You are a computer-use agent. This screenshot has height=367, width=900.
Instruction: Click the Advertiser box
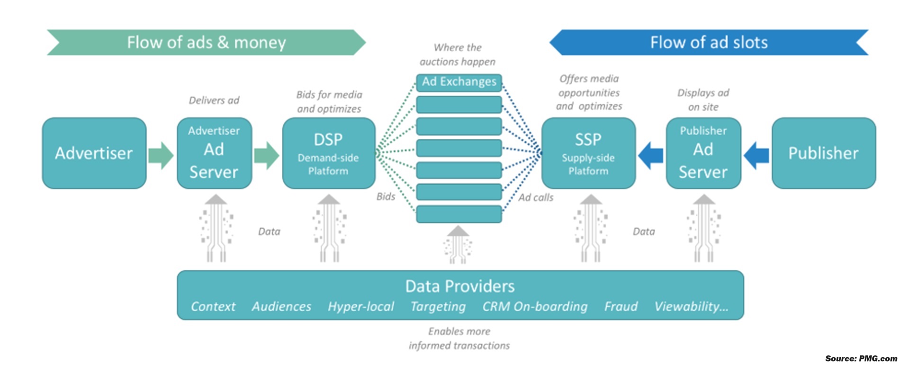tap(94, 153)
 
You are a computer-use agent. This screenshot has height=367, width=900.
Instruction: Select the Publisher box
tap(823, 153)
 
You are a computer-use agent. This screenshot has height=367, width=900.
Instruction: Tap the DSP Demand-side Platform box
tap(328, 153)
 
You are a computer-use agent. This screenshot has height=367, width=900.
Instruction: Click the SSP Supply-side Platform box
tap(588, 153)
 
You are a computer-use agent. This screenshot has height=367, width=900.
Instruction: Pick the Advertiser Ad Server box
tap(214, 153)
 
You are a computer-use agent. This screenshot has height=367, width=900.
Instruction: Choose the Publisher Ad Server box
tap(703, 153)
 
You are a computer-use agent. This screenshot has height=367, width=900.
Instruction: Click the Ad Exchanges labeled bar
tap(459, 82)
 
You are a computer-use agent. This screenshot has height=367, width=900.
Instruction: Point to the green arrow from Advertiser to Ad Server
tap(161, 155)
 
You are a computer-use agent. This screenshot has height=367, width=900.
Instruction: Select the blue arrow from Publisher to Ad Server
tap(756, 155)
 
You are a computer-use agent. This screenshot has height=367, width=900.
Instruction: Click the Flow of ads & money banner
tap(206, 43)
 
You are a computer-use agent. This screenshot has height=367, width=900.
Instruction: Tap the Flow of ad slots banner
tap(709, 43)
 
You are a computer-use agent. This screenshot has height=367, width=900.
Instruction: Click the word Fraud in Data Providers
tap(621, 307)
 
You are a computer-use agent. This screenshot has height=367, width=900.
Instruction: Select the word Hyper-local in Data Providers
tap(360, 307)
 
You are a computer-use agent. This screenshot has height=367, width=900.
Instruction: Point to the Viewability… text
tap(691, 307)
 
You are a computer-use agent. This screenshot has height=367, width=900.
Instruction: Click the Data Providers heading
tap(459, 286)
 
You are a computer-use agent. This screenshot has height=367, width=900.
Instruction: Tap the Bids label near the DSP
tap(386, 197)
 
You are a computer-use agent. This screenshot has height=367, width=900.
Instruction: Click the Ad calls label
tap(535, 197)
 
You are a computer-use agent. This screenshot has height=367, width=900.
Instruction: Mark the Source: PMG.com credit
tap(861, 358)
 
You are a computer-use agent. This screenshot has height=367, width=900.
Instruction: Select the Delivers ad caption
tap(214, 100)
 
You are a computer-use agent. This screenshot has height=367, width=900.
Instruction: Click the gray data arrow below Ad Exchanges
tap(458, 244)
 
